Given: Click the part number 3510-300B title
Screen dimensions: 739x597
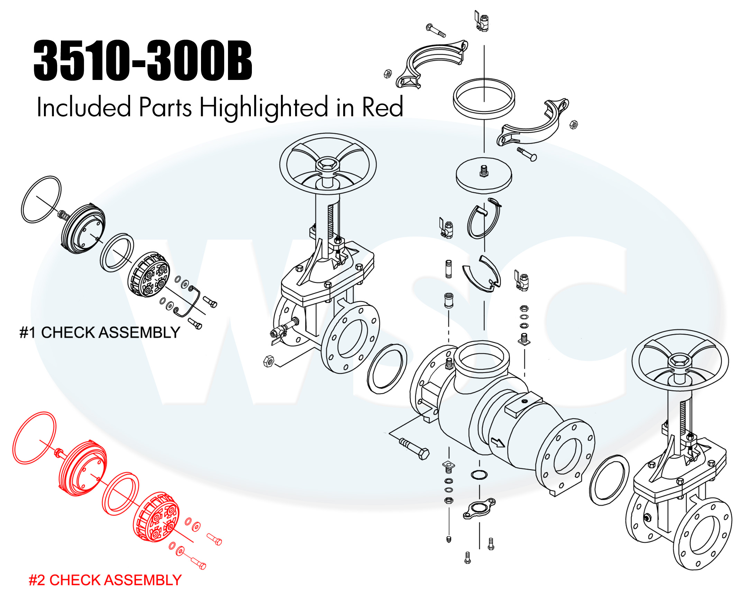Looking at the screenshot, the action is click(x=143, y=61).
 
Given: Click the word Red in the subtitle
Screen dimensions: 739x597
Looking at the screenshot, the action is click(x=382, y=107).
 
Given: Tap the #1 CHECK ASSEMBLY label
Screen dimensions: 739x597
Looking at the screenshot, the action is click(x=100, y=333).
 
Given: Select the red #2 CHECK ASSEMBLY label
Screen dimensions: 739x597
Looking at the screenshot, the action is click(x=105, y=580).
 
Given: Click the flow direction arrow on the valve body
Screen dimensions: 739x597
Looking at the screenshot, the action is click(x=498, y=442).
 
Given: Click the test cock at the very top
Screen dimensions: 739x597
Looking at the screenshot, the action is click(x=482, y=21).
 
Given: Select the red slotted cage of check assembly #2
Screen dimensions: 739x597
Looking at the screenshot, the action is click(x=156, y=517).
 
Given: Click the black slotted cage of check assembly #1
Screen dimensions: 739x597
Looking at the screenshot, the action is click(x=149, y=274).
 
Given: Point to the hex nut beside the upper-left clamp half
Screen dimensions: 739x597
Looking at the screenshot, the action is click(x=388, y=73).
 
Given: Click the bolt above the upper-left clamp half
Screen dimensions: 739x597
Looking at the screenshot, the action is click(x=436, y=30).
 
